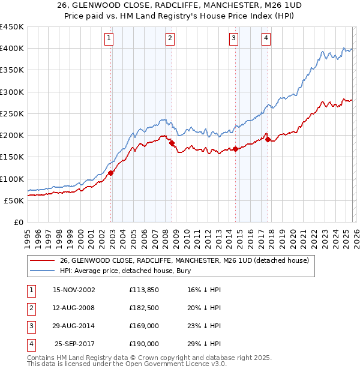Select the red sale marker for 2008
point(172,143)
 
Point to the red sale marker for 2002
point(111,173)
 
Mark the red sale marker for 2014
point(236,149)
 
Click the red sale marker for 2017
point(268,140)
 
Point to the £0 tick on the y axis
point(19,223)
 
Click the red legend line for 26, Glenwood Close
point(42,261)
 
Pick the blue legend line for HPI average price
point(42,271)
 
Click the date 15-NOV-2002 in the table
point(74,290)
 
